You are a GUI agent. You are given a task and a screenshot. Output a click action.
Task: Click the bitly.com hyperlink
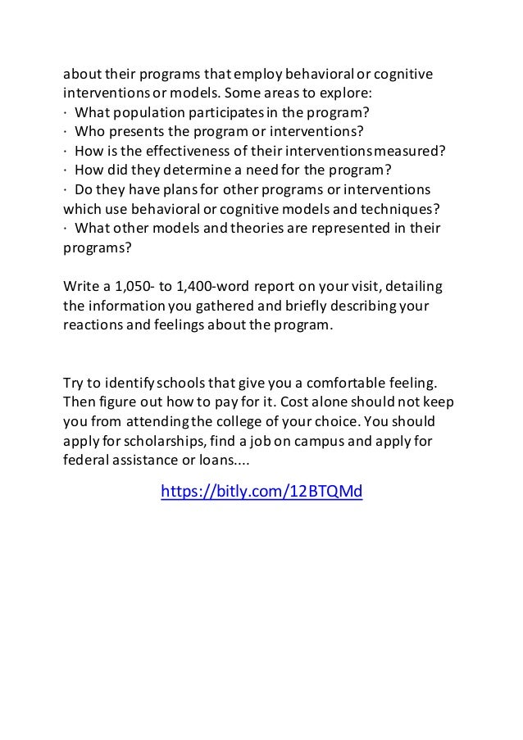tap(261, 492)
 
